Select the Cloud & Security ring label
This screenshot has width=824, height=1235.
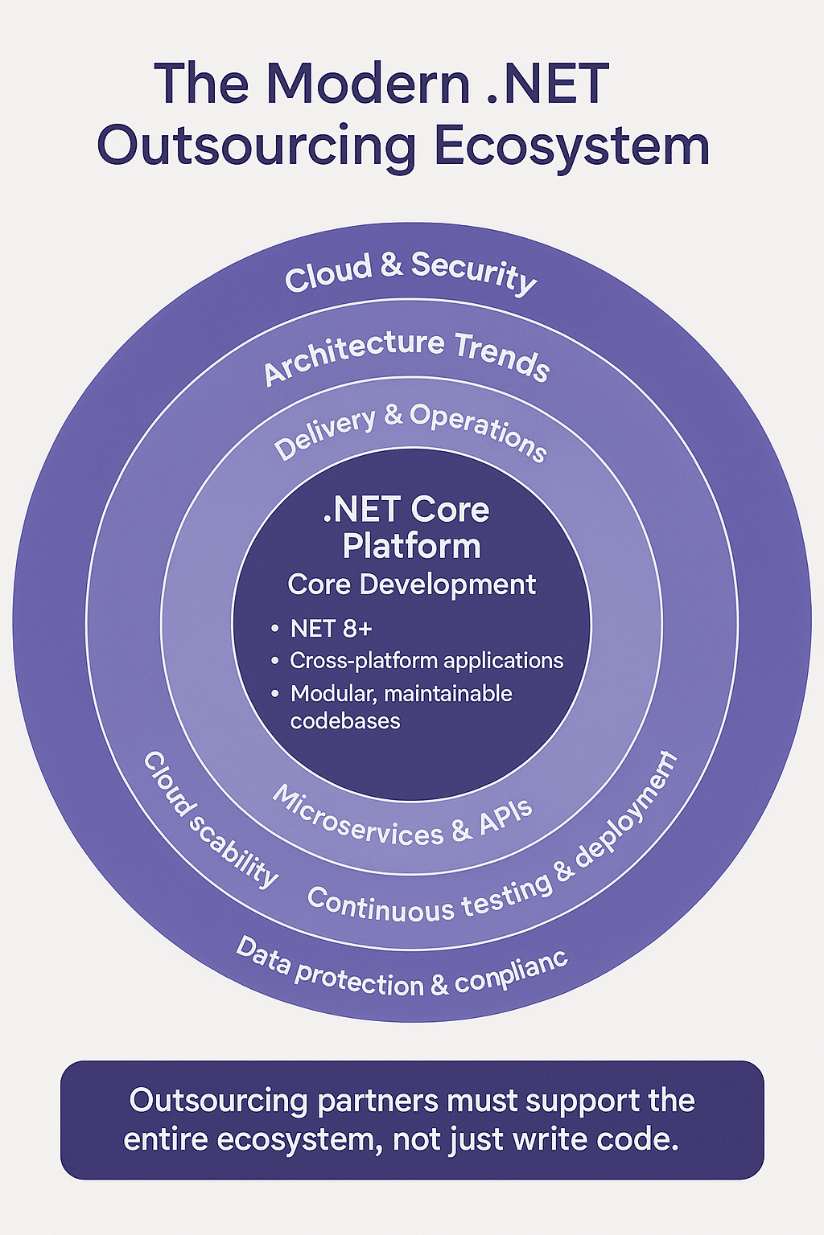(x=410, y=272)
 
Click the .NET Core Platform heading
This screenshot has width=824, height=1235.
(x=411, y=527)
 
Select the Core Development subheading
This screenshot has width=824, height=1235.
(x=411, y=584)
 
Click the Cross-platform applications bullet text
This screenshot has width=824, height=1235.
(x=426, y=660)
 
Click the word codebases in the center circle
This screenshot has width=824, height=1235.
(x=344, y=720)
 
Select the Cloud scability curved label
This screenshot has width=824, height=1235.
(x=210, y=819)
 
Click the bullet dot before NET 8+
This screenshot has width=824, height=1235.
(x=275, y=628)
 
